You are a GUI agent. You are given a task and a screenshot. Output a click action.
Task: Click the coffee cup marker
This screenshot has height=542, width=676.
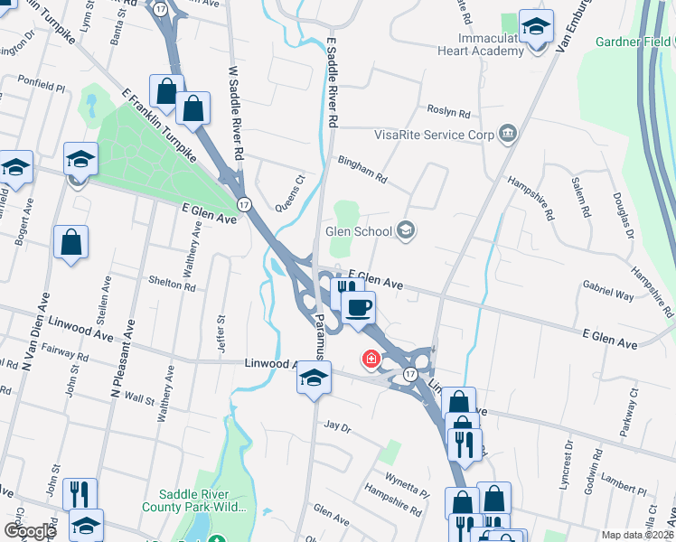coord(358,307)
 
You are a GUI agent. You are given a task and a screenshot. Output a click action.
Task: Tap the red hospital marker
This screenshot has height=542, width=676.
coord(371,360)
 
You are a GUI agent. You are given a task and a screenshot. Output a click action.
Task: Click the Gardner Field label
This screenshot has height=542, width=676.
coord(634,42)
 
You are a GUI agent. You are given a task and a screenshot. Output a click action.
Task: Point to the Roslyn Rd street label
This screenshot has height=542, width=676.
coord(450,115)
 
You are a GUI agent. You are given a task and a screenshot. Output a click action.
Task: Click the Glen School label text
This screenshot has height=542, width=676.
coord(359,231)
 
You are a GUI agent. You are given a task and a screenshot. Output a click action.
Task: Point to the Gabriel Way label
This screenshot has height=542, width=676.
coord(608,294)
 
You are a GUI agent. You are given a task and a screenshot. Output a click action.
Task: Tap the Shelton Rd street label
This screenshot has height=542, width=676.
coord(173,286)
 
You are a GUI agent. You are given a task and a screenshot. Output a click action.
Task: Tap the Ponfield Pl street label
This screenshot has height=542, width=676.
coord(35,79)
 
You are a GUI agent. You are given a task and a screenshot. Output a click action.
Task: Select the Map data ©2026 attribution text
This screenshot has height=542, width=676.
coord(637,535)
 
